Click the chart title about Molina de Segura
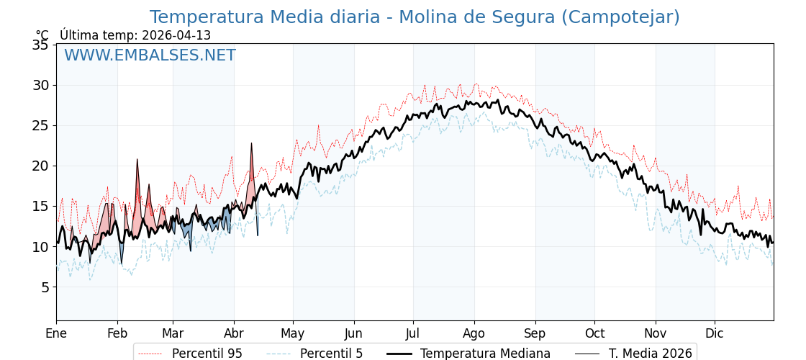[x=415, y=17]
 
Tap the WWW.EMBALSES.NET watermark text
[x=150, y=55]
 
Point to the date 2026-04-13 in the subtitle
[x=176, y=35]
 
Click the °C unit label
[x=42, y=35]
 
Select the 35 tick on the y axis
[x=40, y=45]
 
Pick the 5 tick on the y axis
[x=44, y=287]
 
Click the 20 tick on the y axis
[x=40, y=166]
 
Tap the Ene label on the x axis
[x=56, y=333]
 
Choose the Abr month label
[x=234, y=333]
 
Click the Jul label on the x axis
[x=413, y=333]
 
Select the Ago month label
[x=474, y=333]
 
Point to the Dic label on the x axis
[x=715, y=333]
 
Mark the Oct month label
[x=594, y=333]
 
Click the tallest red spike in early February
[x=137, y=160]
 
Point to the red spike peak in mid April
[x=251, y=143]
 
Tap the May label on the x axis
[x=293, y=333]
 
